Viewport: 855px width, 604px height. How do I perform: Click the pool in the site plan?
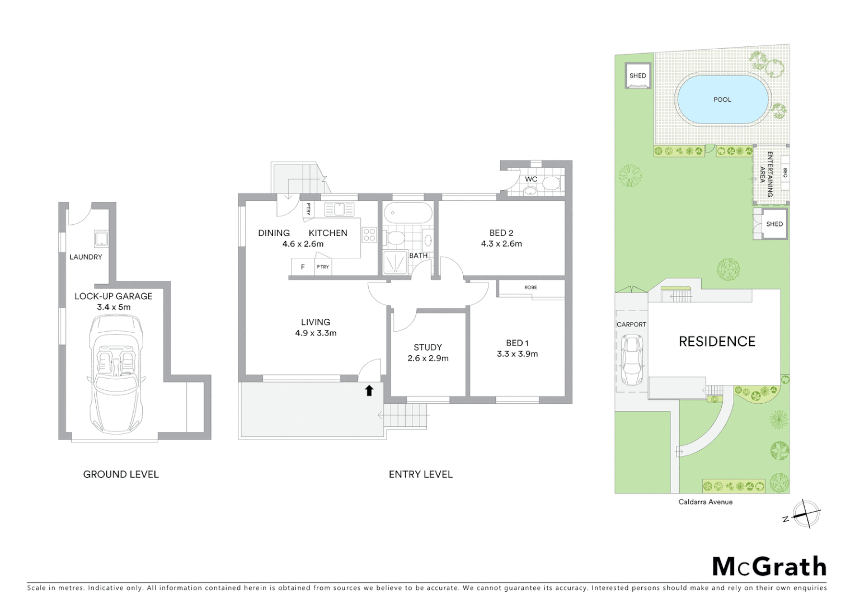pos(722,100)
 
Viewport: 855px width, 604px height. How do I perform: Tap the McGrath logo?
pos(769,567)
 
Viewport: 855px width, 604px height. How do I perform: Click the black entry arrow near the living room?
pos(369,390)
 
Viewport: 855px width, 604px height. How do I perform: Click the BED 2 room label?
pos(501,233)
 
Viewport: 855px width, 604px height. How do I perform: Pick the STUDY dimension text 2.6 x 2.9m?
pos(427,358)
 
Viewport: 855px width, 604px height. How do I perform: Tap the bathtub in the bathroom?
pos(407,214)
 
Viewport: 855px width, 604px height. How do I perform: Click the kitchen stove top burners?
pos(369,235)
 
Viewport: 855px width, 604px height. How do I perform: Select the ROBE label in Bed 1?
pos(530,287)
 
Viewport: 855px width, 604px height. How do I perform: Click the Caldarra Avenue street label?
pos(705,502)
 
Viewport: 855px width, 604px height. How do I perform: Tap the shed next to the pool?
pos(637,76)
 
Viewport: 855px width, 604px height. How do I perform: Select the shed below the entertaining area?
pos(774,224)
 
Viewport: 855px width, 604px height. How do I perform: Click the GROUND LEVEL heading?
pos(121,474)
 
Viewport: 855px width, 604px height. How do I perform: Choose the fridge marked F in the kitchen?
pos(303,267)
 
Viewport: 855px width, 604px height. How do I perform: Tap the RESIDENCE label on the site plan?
pos(717,341)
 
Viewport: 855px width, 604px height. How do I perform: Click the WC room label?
pos(530,180)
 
